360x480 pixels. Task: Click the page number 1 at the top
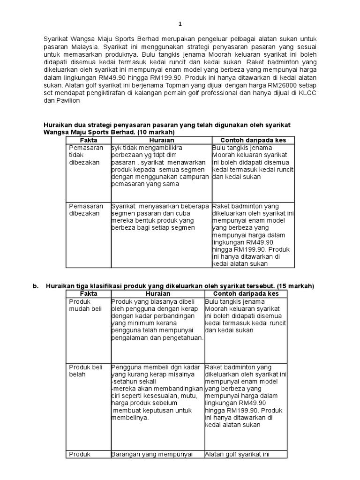[x=180, y=24]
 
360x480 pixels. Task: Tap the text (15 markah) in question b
[x=296, y=286]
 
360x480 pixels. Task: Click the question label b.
[x=35, y=286]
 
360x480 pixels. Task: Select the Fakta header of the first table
[x=89, y=140]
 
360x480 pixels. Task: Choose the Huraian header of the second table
[x=157, y=293]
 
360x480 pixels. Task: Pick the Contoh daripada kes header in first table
[x=253, y=140]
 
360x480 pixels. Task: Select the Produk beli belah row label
[x=86, y=371]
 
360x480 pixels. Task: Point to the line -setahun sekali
[x=129, y=382]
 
